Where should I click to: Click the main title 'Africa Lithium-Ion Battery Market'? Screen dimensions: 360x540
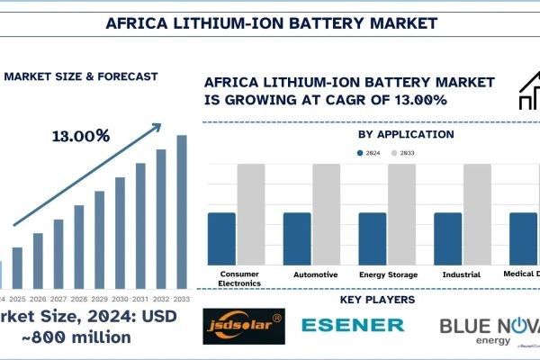click(x=270, y=21)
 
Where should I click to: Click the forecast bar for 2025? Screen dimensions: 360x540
click(x=17, y=266)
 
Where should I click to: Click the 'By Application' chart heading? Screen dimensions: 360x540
click(x=406, y=135)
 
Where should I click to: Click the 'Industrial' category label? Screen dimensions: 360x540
click(x=461, y=274)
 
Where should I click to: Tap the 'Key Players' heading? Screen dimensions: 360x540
click(x=377, y=299)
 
